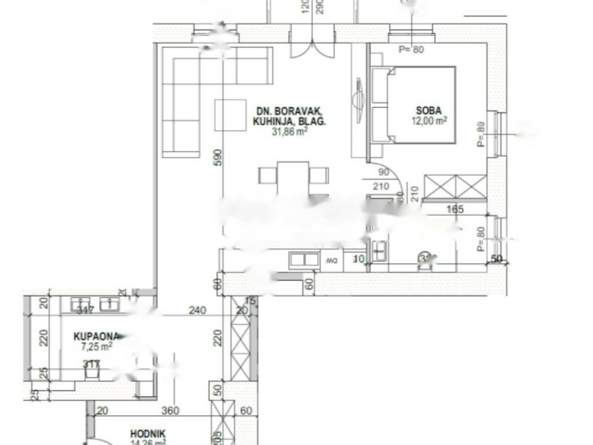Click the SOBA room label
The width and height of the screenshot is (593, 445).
[x=429, y=111]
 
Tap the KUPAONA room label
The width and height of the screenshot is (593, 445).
[x=96, y=336]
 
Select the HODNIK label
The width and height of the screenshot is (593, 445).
[x=148, y=433]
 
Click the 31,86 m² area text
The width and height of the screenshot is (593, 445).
[x=289, y=132]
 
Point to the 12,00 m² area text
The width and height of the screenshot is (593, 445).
[x=429, y=121]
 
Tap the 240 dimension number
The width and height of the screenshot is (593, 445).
[x=197, y=311]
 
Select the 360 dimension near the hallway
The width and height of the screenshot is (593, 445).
[x=170, y=411]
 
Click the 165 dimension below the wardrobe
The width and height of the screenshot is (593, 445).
[x=456, y=210]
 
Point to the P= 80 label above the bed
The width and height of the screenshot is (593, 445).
[x=411, y=50]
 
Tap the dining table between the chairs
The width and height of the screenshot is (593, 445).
[x=293, y=177]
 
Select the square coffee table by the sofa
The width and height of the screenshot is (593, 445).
[x=230, y=115]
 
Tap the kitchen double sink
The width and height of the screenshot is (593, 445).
[x=305, y=260]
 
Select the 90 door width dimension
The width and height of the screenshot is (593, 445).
[x=383, y=173]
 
